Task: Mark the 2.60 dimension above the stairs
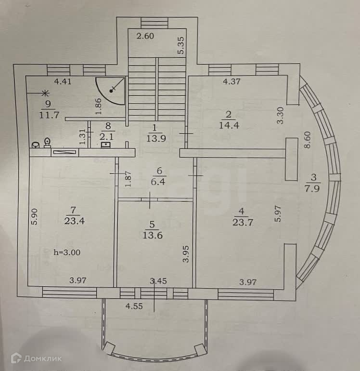(x=144, y=36)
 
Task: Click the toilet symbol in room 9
(x=47, y=142)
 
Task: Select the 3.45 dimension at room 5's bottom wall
(x=159, y=280)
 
